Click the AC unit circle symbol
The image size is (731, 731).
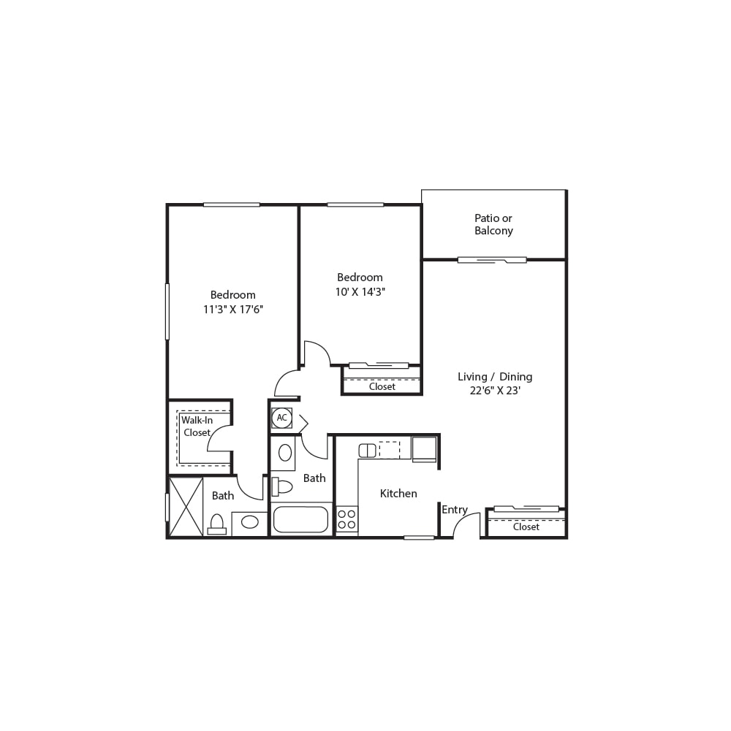tap(282, 418)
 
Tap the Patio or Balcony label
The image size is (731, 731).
tap(493, 224)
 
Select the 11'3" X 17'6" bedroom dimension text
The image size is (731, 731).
tap(233, 309)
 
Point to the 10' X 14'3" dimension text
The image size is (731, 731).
tap(360, 292)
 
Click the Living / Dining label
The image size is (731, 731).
tap(495, 377)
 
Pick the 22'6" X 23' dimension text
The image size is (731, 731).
tap(495, 391)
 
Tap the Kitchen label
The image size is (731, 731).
tap(398, 493)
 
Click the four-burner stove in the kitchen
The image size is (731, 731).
tap(346, 519)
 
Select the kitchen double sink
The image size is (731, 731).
tap(368, 451)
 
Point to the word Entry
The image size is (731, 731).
tap(455, 510)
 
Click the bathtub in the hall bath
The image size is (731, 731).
tap(301, 519)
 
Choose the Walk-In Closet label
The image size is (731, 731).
tap(197, 426)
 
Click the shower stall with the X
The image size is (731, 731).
tap(186, 507)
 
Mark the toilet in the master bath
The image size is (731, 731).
tap(216, 524)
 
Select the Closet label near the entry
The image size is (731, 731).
tap(526, 527)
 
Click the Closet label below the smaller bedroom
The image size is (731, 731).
tap(382, 386)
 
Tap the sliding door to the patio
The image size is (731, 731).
tap(492, 260)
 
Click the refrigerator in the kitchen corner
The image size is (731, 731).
tap(424, 448)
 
